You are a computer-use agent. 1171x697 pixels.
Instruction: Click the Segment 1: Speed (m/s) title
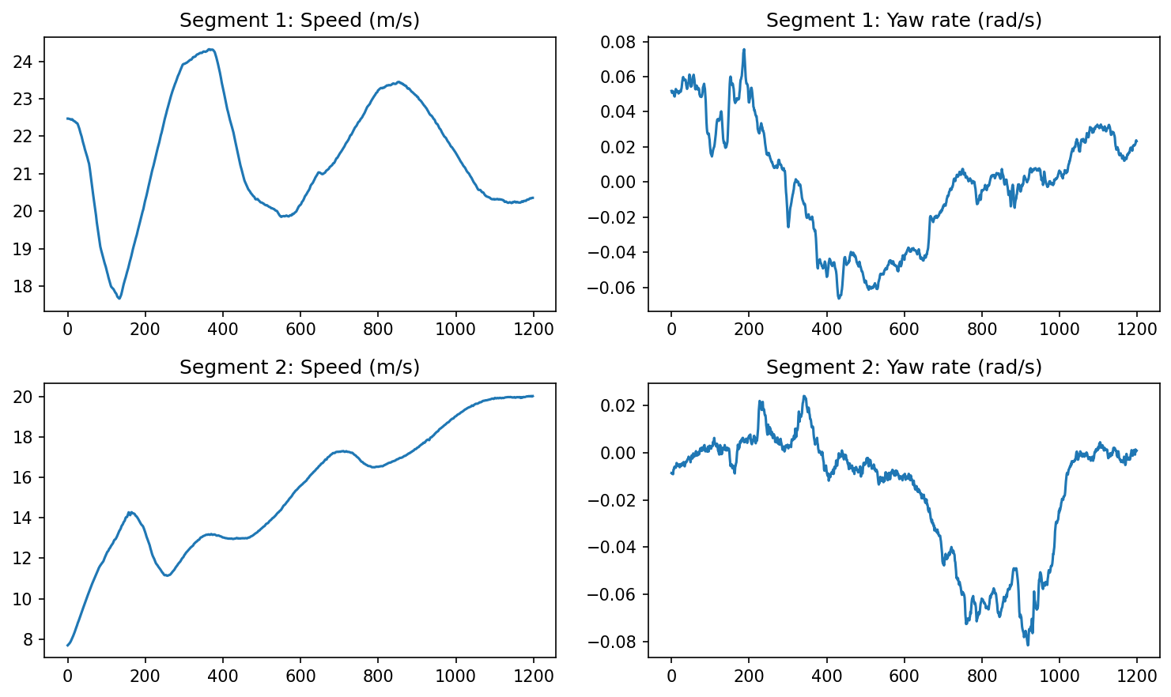pos(299,21)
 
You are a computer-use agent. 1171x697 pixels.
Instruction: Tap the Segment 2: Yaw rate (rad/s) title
pos(903,367)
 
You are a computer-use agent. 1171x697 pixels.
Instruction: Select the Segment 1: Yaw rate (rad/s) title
pos(903,21)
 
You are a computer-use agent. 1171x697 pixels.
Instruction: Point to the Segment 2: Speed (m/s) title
pos(299,367)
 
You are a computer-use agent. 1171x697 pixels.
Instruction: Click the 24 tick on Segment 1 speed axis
pos(27,62)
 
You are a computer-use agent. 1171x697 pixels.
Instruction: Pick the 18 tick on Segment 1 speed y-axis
pos(27,286)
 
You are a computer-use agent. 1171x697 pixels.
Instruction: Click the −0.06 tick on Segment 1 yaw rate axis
pos(617,288)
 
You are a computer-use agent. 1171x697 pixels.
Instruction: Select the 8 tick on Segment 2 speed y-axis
pos(31,639)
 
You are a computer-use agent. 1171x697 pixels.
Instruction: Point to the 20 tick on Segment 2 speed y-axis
pos(27,397)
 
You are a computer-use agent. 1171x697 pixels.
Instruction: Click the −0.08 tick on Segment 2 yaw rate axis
pos(617,642)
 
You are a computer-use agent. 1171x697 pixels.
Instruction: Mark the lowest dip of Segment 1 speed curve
pos(119,298)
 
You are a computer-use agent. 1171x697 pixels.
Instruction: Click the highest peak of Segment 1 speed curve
pos(210,49)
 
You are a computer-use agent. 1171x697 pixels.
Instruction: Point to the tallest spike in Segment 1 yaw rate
pos(744,49)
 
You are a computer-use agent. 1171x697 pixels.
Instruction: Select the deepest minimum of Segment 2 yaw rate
pos(1028,645)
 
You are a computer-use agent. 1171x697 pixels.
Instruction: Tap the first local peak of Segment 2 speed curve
pos(130,512)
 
